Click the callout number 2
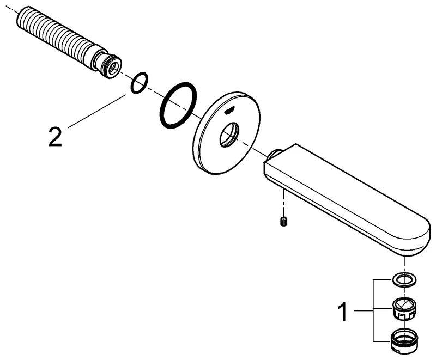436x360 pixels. [x=55, y=136]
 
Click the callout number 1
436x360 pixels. [x=343, y=312]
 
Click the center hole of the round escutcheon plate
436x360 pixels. [x=228, y=135]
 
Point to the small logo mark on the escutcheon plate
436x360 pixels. [x=228, y=111]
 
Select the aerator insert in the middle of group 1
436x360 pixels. [x=404, y=309]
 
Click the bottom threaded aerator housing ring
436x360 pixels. [x=404, y=341]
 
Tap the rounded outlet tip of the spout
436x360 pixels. [x=417, y=236]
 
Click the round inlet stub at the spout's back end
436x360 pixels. [x=274, y=154]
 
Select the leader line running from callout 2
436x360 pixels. [x=96, y=111]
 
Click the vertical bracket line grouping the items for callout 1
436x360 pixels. [x=373, y=310]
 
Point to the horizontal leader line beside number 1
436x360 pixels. [x=363, y=310]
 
